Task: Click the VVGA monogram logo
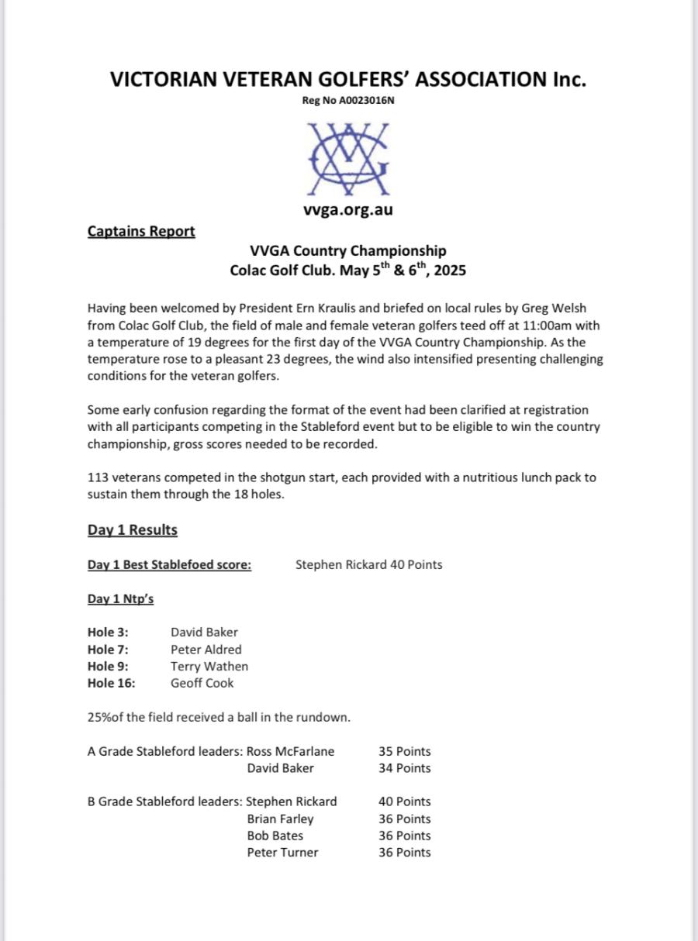click(348, 159)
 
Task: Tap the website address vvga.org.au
click(348, 210)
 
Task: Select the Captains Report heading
click(141, 231)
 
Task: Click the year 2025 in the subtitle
click(450, 271)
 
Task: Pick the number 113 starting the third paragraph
click(98, 477)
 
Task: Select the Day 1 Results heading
click(133, 530)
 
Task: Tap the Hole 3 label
click(108, 633)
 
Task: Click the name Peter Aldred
click(206, 650)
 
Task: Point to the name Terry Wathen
click(209, 667)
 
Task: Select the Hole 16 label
click(111, 683)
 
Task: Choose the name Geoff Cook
click(202, 683)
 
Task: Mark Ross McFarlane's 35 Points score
click(404, 751)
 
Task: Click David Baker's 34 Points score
click(404, 768)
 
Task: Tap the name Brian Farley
click(280, 819)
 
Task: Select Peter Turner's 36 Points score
click(404, 853)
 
